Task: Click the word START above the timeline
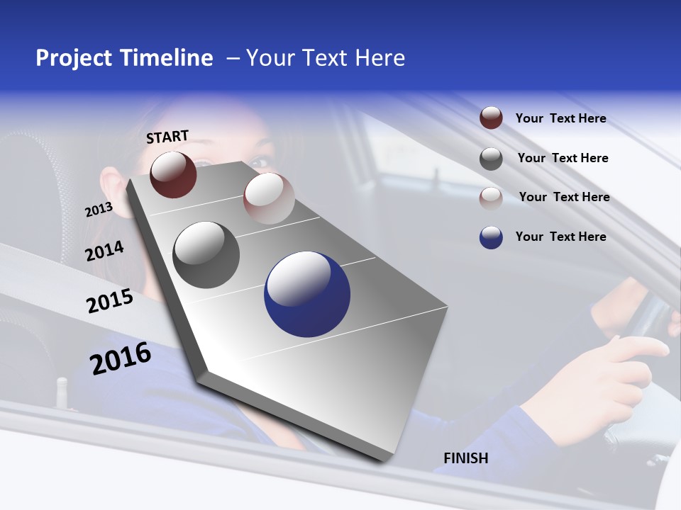tap(167, 137)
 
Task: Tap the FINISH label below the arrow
tap(466, 458)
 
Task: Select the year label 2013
tap(99, 210)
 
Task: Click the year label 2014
tap(105, 251)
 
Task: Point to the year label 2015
tap(110, 301)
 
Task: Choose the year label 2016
tap(121, 358)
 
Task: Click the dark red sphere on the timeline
tap(173, 174)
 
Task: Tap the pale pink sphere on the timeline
tap(269, 198)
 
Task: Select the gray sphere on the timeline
tap(206, 255)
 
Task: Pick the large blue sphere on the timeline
tap(307, 294)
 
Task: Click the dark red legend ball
tap(491, 118)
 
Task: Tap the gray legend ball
tap(491, 159)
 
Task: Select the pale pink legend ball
tap(491, 198)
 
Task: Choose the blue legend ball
tap(491, 237)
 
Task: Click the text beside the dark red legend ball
tap(560, 118)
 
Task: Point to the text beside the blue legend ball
tap(560, 237)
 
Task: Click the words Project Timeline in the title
tap(124, 58)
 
